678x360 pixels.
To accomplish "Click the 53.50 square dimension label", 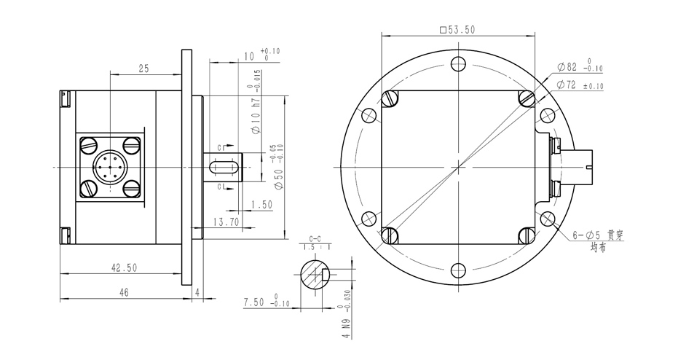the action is click(457, 30).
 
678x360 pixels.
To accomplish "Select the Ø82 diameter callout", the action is click(580, 66).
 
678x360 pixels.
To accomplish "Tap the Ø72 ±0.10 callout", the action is click(580, 85).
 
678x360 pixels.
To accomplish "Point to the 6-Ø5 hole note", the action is click(598, 240).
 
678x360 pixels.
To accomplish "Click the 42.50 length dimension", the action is click(124, 268).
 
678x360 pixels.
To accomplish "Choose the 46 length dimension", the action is click(124, 292).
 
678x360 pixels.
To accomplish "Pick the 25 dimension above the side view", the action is click(143, 69).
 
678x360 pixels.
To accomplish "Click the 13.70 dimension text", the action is click(226, 222).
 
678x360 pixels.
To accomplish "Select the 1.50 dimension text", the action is click(261, 204).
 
